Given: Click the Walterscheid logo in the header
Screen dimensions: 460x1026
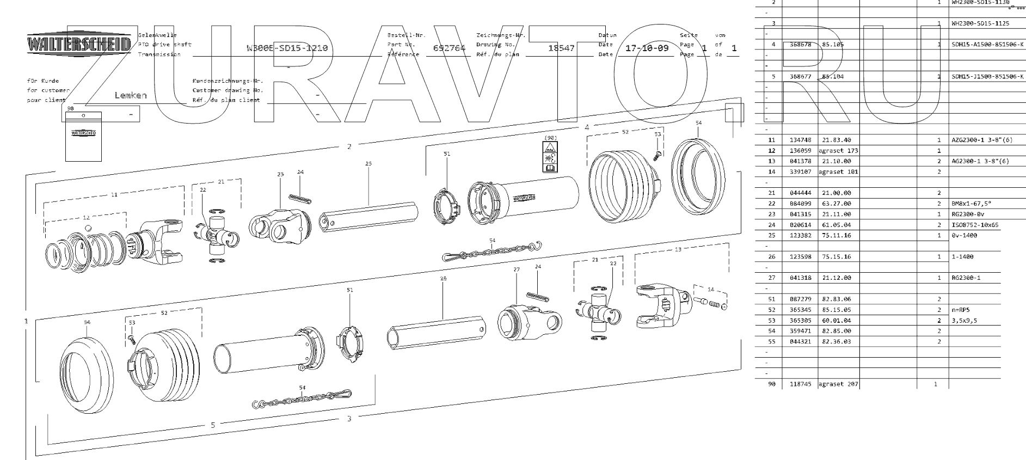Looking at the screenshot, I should point(79,44).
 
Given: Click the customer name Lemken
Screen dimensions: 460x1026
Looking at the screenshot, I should point(131,95).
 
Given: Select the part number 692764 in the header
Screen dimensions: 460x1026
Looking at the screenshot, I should point(449,48).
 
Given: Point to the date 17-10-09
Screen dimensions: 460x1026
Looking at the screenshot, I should point(647,48).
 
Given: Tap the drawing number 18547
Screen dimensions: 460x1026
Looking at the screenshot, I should point(561,48).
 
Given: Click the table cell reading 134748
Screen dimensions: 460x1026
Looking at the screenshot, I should point(800,140).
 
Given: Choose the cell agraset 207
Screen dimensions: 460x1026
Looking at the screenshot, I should point(838,384).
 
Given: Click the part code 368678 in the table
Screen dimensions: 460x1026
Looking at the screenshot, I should point(800,45).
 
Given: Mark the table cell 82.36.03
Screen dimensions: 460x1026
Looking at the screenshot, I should point(836,342).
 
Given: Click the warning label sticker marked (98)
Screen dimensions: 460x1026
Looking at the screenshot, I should point(550,157).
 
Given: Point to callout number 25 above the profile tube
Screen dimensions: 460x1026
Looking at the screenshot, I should point(368,163).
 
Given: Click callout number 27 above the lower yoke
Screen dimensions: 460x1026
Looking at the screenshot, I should point(517,269).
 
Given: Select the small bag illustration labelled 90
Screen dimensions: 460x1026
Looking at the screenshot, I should point(83,137).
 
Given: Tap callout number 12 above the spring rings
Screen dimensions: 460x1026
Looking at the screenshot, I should point(86,217).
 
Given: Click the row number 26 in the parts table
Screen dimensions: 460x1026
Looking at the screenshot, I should point(771,256).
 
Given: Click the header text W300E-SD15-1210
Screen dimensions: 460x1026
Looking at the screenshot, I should point(287,48).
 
